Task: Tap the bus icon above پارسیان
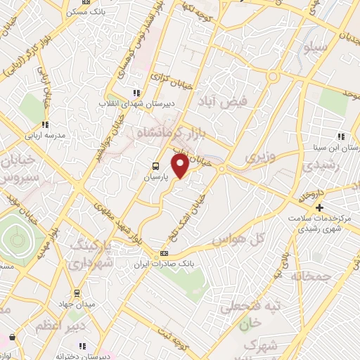(154, 167)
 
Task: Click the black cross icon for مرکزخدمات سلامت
(319, 207)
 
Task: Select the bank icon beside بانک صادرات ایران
(164, 253)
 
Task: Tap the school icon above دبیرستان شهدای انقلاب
(136, 93)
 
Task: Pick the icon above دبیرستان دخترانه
(82, 346)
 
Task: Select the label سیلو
(316, 47)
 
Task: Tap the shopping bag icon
(11, 337)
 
